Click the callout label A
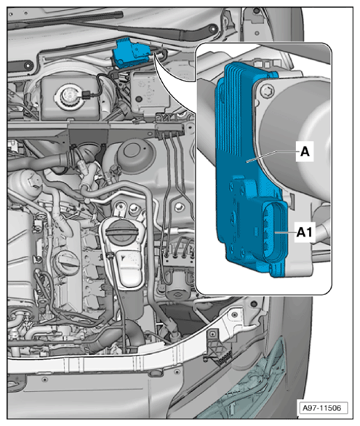[x=305, y=151]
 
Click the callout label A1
[x=304, y=232]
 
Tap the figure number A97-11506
[x=322, y=408]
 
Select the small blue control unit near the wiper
[x=130, y=53]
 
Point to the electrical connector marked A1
[x=273, y=233]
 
